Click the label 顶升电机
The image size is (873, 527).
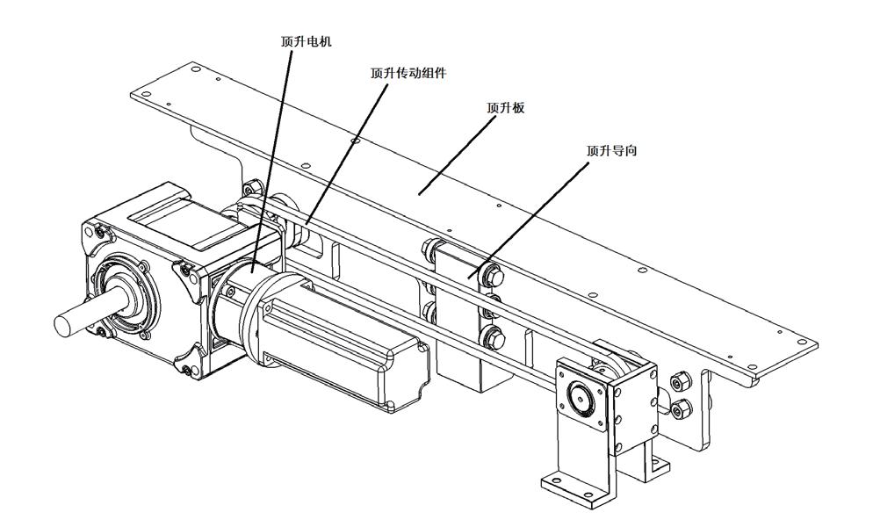[x=306, y=42]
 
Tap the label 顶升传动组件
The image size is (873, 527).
[x=408, y=73]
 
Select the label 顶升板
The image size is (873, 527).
[x=506, y=107]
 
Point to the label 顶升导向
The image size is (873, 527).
[x=611, y=150]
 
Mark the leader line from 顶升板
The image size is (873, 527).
[x=457, y=156]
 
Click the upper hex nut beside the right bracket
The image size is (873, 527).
[x=680, y=382]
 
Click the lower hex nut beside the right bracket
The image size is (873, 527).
[x=681, y=409]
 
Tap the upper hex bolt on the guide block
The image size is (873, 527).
[x=494, y=277]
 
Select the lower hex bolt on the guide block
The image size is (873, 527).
[x=493, y=337]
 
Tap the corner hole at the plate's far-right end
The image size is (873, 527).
[x=799, y=343]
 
